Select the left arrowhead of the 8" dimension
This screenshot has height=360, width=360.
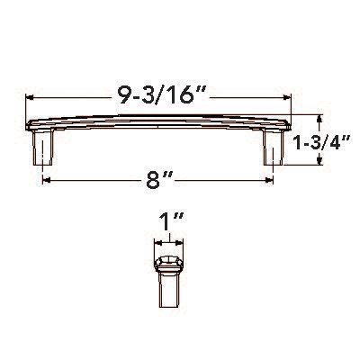click(x=45, y=181)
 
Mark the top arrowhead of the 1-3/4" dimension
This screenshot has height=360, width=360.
click(x=319, y=118)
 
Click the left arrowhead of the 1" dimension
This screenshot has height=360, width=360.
click(x=157, y=240)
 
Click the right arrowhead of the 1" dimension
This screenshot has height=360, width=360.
click(x=181, y=240)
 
